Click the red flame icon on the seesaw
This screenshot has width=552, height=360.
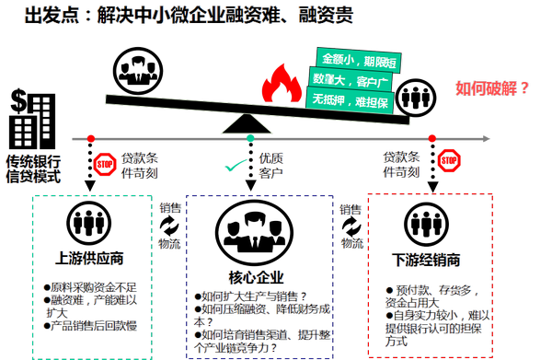coord(282,84)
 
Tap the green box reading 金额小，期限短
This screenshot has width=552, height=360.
coord(359,61)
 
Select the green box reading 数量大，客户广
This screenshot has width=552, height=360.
coord(351,80)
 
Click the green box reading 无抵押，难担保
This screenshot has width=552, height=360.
coord(350,101)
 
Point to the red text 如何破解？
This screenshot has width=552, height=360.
coord(492,88)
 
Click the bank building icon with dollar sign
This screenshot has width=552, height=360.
coord(32,119)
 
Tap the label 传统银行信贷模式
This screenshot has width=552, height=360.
coord(33,169)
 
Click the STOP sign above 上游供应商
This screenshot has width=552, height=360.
coord(105,164)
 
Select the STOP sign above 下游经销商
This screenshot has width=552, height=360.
coord(449,160)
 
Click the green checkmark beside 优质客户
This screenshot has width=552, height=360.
coord(236,165)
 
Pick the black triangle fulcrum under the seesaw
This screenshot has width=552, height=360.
coord(247,123)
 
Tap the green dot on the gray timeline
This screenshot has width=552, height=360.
coord(250,138)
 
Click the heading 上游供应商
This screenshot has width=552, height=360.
coord(89,258)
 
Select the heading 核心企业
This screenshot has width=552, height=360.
coord(256,277)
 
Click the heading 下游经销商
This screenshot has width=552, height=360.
coord(426,260)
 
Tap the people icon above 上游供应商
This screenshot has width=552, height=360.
coord(88,223)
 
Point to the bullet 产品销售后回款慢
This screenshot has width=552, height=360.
coord(90,326)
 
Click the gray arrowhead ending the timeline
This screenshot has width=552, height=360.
coord(486,138)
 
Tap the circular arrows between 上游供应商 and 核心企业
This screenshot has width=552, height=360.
coord(169,226)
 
